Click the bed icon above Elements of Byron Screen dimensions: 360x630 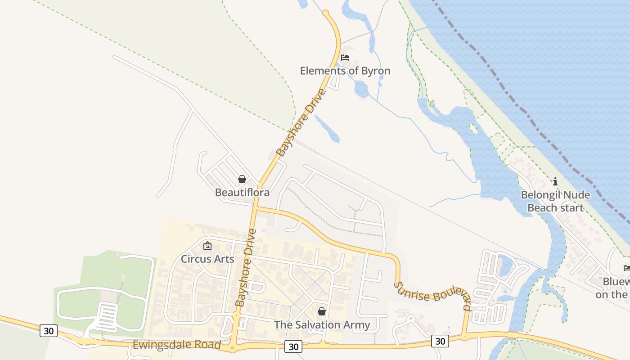click(x=345, y=58)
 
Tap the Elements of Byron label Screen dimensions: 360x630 click(x=345, y=71)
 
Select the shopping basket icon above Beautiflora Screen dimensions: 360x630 click(x=242, y=179)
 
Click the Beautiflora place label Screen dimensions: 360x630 click(x=242, y=193)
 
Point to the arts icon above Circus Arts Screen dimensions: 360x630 click(x=207, y=246)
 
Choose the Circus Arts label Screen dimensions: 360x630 click(x=207, y=259)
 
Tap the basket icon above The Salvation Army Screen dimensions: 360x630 click(x=322, y=311)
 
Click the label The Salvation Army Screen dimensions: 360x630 click(x=322, y=324)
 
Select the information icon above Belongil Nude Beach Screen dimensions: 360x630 click(x=555, y=181)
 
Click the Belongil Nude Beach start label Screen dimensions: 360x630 click(x=555, y=201)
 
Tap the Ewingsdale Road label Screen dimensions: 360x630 click(x=176, y=345)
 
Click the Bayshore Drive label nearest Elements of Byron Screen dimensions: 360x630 click(x=301, y=122)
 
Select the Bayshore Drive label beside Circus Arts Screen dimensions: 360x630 click(x=246, y=268)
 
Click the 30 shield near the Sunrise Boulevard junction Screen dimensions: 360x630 click(x=440, y=341)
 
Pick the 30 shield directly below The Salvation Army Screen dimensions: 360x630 click(x=293, y=346)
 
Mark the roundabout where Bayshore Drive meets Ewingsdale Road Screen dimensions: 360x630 click(x=233, y=347)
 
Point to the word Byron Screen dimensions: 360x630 click(x=376, y=71)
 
